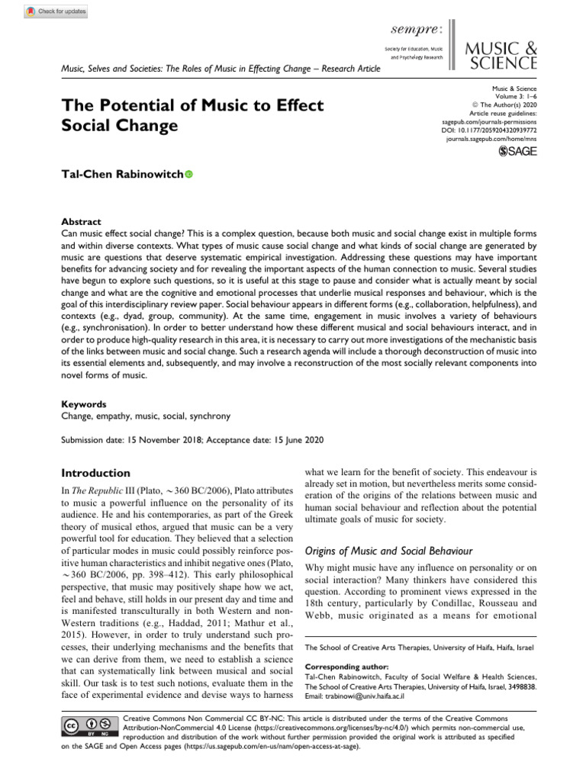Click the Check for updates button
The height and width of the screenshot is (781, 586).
(x=56, y=11)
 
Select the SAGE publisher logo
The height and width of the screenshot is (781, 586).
(x=517, y=153)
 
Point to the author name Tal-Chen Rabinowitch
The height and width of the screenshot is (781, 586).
(x=121, y=175)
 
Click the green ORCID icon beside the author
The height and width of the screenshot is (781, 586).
(x=189, y=175)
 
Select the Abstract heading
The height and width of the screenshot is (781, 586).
(x=81, y=221)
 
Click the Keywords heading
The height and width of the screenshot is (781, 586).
(x=84, y=404)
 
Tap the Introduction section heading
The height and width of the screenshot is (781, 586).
(x=95, y=473)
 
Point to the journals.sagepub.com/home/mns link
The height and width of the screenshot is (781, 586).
(x=491, y=140)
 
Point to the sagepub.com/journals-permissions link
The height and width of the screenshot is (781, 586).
(x=490, y=121)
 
